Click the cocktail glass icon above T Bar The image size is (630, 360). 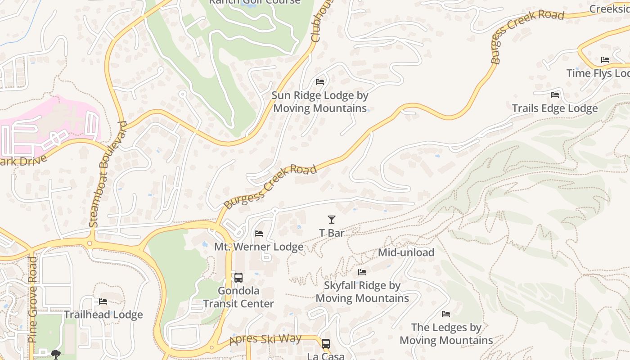332,220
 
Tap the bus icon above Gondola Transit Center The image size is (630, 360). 238,278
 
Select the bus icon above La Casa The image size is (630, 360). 326,343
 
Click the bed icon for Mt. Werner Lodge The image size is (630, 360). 259,234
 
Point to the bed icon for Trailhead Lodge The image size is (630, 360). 103,301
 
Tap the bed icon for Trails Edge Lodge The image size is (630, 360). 555,95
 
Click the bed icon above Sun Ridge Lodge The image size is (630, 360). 320,82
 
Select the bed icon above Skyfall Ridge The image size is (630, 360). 362,272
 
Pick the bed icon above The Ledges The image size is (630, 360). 446,314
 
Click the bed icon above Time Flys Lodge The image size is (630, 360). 605,60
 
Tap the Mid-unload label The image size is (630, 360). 406,252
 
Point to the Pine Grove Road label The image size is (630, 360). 33,299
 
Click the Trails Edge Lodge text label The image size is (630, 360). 555,108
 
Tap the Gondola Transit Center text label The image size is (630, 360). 238,297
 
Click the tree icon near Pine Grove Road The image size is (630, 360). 55,355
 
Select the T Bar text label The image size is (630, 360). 332,233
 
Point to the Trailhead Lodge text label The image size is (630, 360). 103,315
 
